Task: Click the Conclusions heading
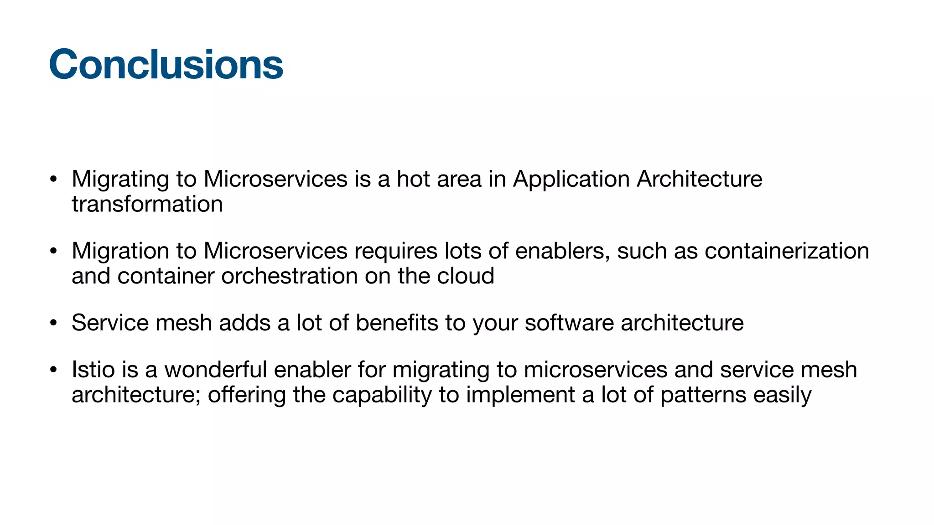(x=166, y=64)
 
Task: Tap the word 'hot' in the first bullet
(x=413, y=179)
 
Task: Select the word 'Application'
(x=571, y=180)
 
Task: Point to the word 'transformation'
(x=147, y=204)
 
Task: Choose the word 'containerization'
(x=787, y=251)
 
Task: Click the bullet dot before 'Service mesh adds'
(x=53, y=323)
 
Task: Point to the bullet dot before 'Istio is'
(x=53, y=370)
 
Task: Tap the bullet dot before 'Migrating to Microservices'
(x=53, y=179)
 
